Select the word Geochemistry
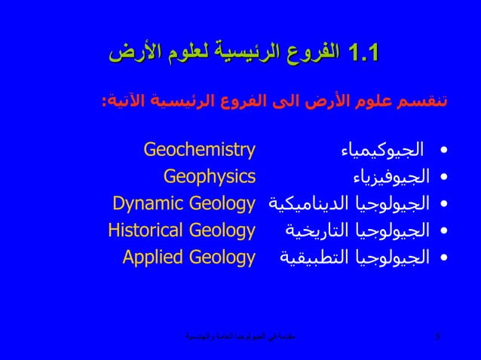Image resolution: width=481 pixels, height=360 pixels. (199, 149)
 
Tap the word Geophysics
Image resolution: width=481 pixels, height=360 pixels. (210, 176)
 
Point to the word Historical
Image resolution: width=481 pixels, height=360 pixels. (145, 230)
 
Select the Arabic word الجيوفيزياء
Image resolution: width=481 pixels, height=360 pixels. (391, 177)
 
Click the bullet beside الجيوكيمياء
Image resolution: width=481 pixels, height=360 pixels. (443, 150)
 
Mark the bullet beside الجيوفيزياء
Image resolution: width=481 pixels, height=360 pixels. (443, 177)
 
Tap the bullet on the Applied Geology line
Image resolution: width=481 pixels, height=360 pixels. (443, 258)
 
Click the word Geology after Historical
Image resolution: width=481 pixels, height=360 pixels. (222, 230)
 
